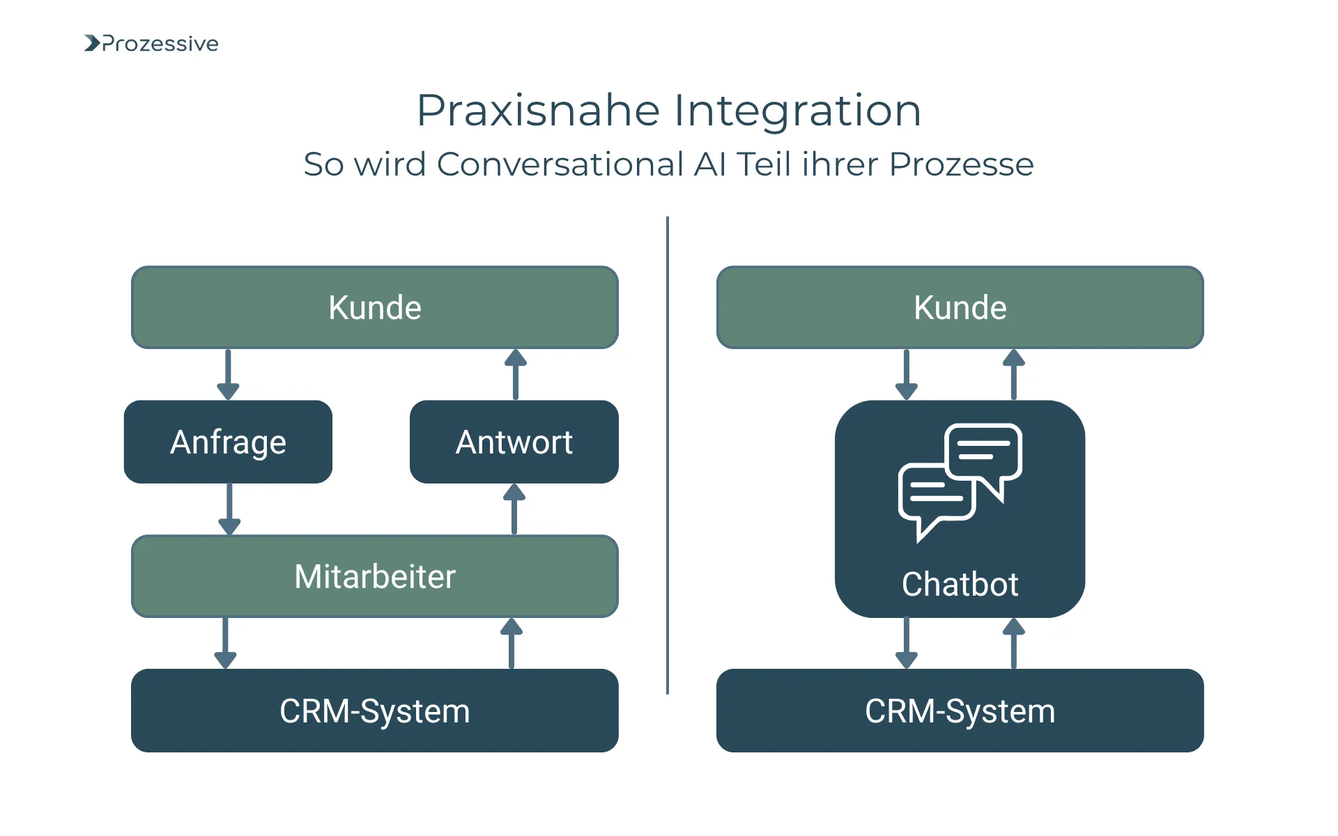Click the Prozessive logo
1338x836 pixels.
click(x=151, y=43)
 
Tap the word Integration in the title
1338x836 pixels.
click(x=797, y=111)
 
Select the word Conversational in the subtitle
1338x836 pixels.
click(x=560, y=164)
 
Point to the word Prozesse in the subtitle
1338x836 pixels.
click(x=961, y=164)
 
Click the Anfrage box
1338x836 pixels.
click(x=228, y=442)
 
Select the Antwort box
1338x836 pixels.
click(x=514, y=442)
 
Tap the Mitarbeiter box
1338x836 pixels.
click(x=374, y=576)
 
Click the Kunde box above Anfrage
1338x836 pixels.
click(x=374, y=307)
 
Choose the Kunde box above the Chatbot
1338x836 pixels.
click(x=960, y=307)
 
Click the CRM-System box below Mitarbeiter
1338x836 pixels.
click(x=374, y=711)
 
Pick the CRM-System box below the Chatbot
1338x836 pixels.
click(x=960, y=711)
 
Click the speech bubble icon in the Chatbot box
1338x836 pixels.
click(x=960, y=481)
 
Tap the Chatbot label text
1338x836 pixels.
click(x=960, y=584)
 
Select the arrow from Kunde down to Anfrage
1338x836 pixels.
click(x=228, y=375)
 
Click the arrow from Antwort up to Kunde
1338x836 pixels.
click(x=516, y=374)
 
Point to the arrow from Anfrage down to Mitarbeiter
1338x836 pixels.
click(x=229, y=509)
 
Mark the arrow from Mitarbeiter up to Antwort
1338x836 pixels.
click(x=514, y=509)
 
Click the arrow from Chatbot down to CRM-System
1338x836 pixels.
click(x=906, y=643)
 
